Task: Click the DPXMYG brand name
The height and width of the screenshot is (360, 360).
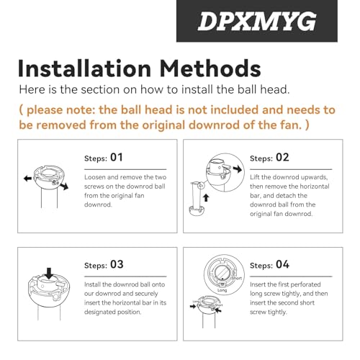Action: (267, 21)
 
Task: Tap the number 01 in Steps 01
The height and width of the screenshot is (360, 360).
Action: (117, 157)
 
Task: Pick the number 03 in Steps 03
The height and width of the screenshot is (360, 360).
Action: (117, 264)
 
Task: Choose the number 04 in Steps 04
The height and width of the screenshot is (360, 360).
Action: (282, 264)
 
